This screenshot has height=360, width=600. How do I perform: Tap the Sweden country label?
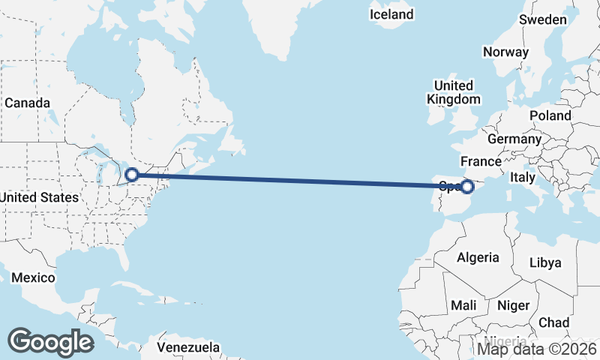point(543,19)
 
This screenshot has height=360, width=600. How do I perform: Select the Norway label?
point(505,52)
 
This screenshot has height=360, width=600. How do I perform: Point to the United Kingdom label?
point(454,92)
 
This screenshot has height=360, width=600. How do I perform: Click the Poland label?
point(550,115)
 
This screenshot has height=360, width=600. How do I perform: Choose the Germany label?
point(514,139)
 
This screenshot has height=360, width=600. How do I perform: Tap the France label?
point(481,161)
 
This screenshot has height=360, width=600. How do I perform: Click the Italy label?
point(521,178)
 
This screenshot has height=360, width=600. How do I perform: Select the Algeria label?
point(478,257)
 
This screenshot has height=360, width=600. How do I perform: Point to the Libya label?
point(544,263)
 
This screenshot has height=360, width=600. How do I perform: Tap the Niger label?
point(513,305)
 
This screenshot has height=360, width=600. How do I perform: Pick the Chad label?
point(553,322)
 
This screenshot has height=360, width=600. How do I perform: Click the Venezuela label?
point(188,347)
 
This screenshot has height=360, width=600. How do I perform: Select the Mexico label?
point(33,277)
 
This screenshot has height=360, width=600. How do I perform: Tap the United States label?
point(39,197)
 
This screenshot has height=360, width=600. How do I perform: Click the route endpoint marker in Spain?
point(467,186)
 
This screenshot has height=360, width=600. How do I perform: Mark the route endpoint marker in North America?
point(131,175)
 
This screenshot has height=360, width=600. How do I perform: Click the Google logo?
point(50,341)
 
